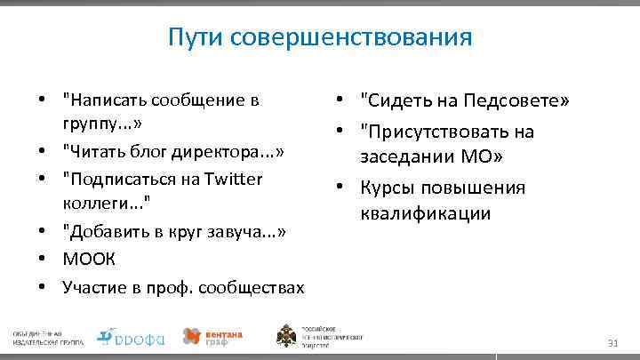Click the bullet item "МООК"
[x=84, y=260]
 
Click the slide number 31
[x=612, y=343]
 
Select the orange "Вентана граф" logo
[x=212, y=336]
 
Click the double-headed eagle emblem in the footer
[x=287, y=336]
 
